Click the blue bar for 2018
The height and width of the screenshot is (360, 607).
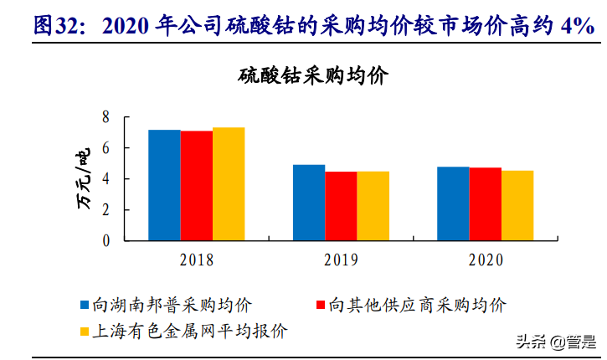point(164,185)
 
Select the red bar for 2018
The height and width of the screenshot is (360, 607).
point(196,186)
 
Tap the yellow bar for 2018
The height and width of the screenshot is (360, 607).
point(228,184)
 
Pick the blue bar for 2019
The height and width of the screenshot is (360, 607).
point(309,203)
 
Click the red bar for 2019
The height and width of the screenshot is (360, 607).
point(341,206)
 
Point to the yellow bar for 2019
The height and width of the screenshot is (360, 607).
point(373,206)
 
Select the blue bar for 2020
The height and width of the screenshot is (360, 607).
point(453,203)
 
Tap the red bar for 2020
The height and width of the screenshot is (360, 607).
point(485,204)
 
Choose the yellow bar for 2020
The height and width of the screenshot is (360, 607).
point(517,206)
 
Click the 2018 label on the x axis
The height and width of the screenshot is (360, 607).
point(196,260)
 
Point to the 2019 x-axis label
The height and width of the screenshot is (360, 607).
point(341,260)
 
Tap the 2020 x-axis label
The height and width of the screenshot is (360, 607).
point(486,260)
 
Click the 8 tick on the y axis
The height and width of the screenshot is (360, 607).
point(106,117)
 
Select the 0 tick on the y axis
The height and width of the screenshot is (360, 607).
point(106,241)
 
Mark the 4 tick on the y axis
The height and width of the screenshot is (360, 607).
point(106,179)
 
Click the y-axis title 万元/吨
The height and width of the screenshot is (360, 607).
point(84,179)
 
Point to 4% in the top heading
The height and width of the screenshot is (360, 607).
point(578,26)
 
